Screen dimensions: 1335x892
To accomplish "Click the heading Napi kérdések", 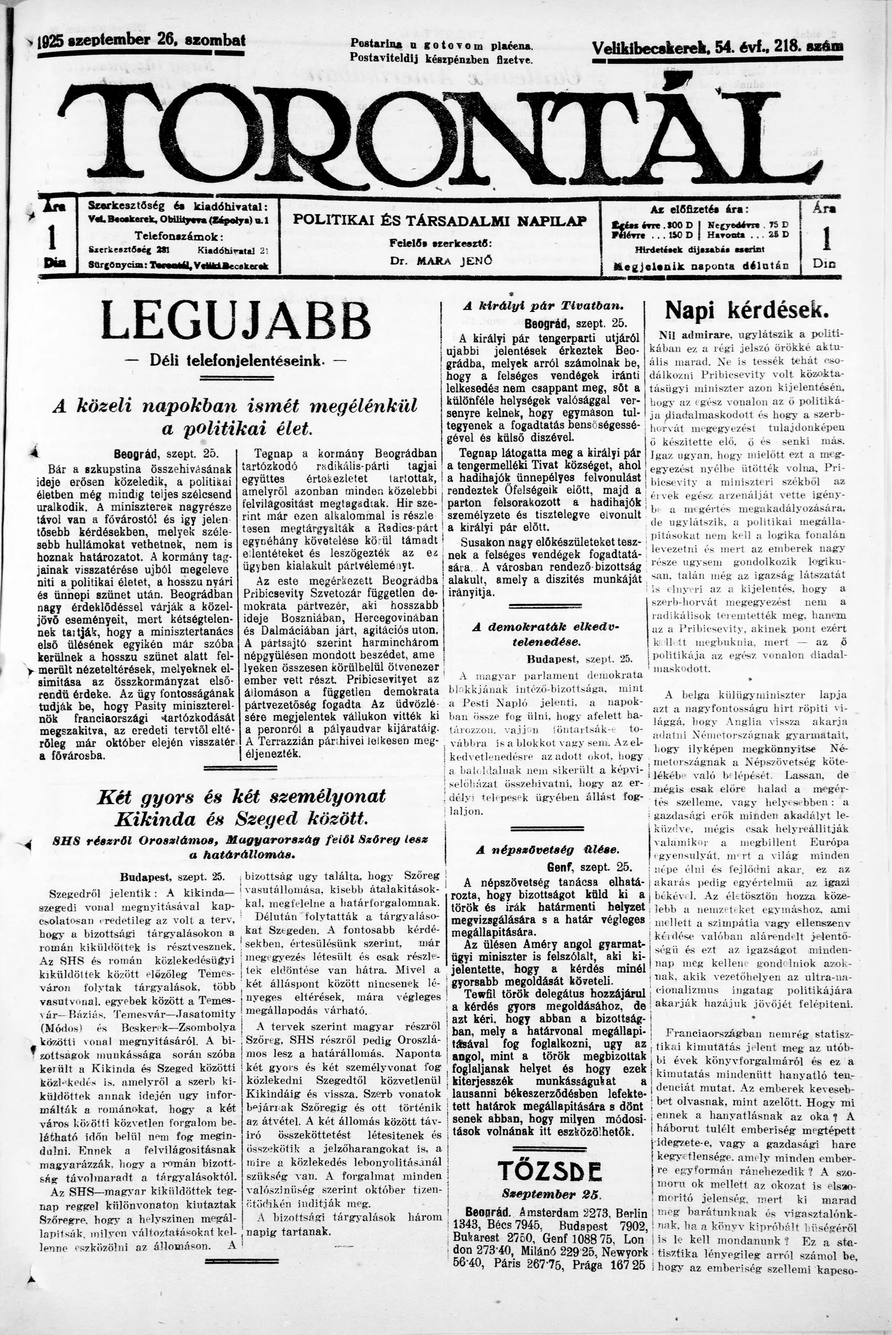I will click(747, 310).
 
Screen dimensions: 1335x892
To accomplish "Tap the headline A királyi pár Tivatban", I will click(544, 305).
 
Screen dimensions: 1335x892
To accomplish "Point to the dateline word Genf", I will click(558, 867).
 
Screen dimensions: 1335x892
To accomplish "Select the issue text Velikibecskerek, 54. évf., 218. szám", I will click(717, 48).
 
